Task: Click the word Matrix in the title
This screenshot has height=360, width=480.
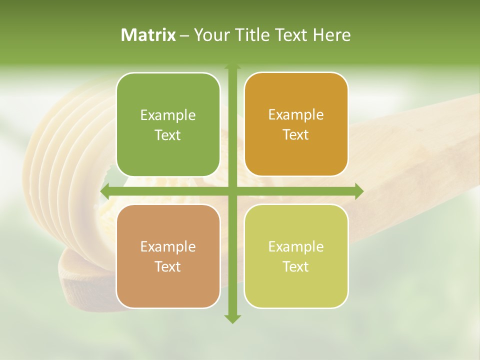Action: (148, 35)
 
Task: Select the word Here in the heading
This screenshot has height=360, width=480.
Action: (331, 35)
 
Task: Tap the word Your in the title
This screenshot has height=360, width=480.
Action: (210, 35)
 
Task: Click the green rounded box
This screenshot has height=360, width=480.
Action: (168, 124)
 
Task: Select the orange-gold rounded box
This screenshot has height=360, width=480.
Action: (296, 124)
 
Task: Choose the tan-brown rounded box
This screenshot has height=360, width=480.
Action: (168, 256)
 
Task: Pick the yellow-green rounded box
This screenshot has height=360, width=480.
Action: (296, 256)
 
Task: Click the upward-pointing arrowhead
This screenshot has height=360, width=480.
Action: (232, 66)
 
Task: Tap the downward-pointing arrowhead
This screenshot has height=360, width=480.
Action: (232, 318)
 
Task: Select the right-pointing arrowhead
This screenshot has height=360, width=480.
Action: (358, 191)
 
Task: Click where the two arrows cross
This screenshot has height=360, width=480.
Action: (232, 191)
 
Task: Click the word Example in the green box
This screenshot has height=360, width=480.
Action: (168, 115)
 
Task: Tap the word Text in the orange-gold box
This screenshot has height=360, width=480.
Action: (296, 135)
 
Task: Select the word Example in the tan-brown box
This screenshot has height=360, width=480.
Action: (168, 247)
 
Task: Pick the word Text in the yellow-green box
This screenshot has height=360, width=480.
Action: (296, 267)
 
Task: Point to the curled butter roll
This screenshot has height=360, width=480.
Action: (65, 150)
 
